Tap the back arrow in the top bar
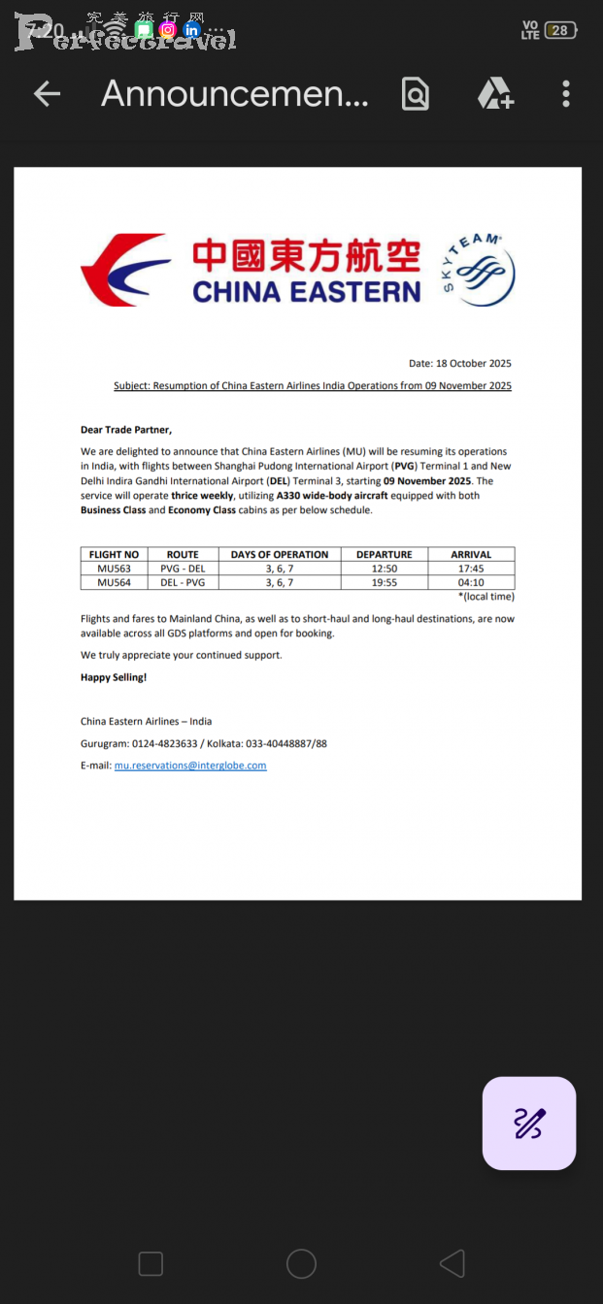(x=47, y=94)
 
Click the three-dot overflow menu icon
(x=566, y=94)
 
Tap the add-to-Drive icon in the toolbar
(x=494, y=94)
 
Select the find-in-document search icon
(x=416, y=94)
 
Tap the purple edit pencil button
(x=529, y=1123)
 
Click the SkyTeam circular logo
(x=478, y=270)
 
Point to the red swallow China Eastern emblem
(x=124, y=270)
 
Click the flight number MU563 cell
(x=114, y=569)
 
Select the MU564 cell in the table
(x=114, y=582)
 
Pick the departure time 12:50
(x=384, y=569)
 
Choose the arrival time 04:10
(x=471, y=582)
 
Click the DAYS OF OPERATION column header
(x=280, y=555)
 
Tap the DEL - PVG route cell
(x=183, y=582)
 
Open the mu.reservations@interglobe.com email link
(x=190, y=766)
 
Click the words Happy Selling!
(x=114, y=677)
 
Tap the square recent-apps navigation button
(x=151, y=1263)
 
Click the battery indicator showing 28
(x=560, y=30)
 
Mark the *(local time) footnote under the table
(x=486, y=597)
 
